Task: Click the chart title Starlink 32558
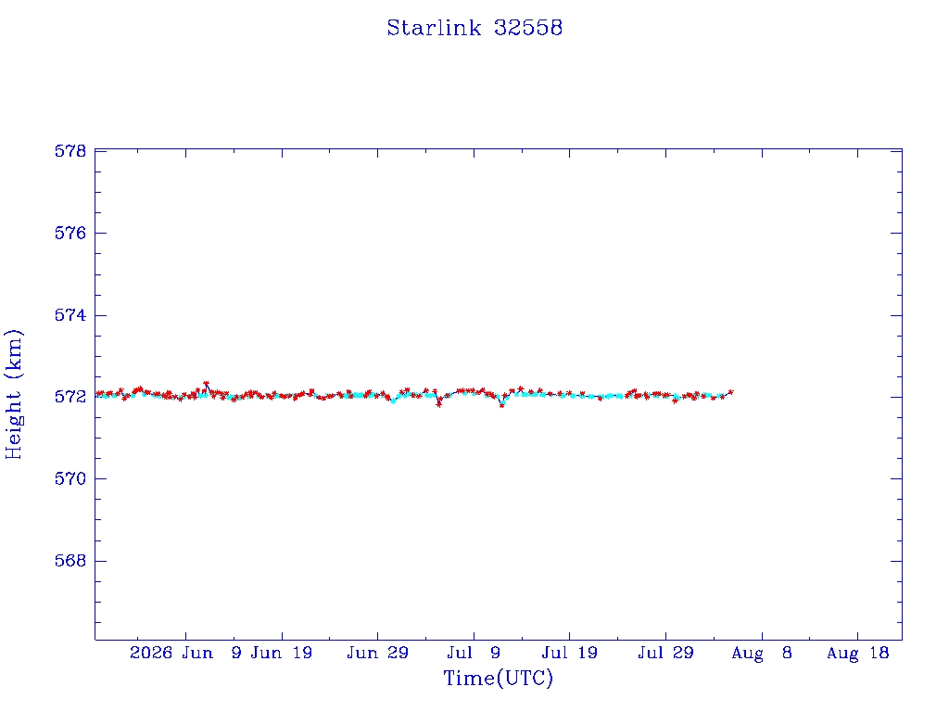pos(474,28)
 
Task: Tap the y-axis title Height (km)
pos(13,395)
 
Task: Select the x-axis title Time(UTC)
pos(498,678)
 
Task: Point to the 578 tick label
pos(70,151)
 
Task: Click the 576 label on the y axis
pos(70,233)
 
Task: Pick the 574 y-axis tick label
pos(70,315)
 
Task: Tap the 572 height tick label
pos(70,397)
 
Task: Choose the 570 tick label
pos(70,479)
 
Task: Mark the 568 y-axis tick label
pos(70,561)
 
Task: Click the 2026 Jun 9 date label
pos(185,653)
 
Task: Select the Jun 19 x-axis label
pos(282,653)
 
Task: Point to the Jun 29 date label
pos(378,653)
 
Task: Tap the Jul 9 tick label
pos(474,653)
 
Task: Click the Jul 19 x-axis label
pos(570,653)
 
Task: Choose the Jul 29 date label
pos(665,653)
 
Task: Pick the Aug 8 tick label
pos(762,653)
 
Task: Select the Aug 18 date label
pos(857,653)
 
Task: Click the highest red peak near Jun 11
pos(207,383)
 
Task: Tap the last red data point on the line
pos(731,392)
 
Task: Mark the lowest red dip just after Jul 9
pos(501,405)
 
